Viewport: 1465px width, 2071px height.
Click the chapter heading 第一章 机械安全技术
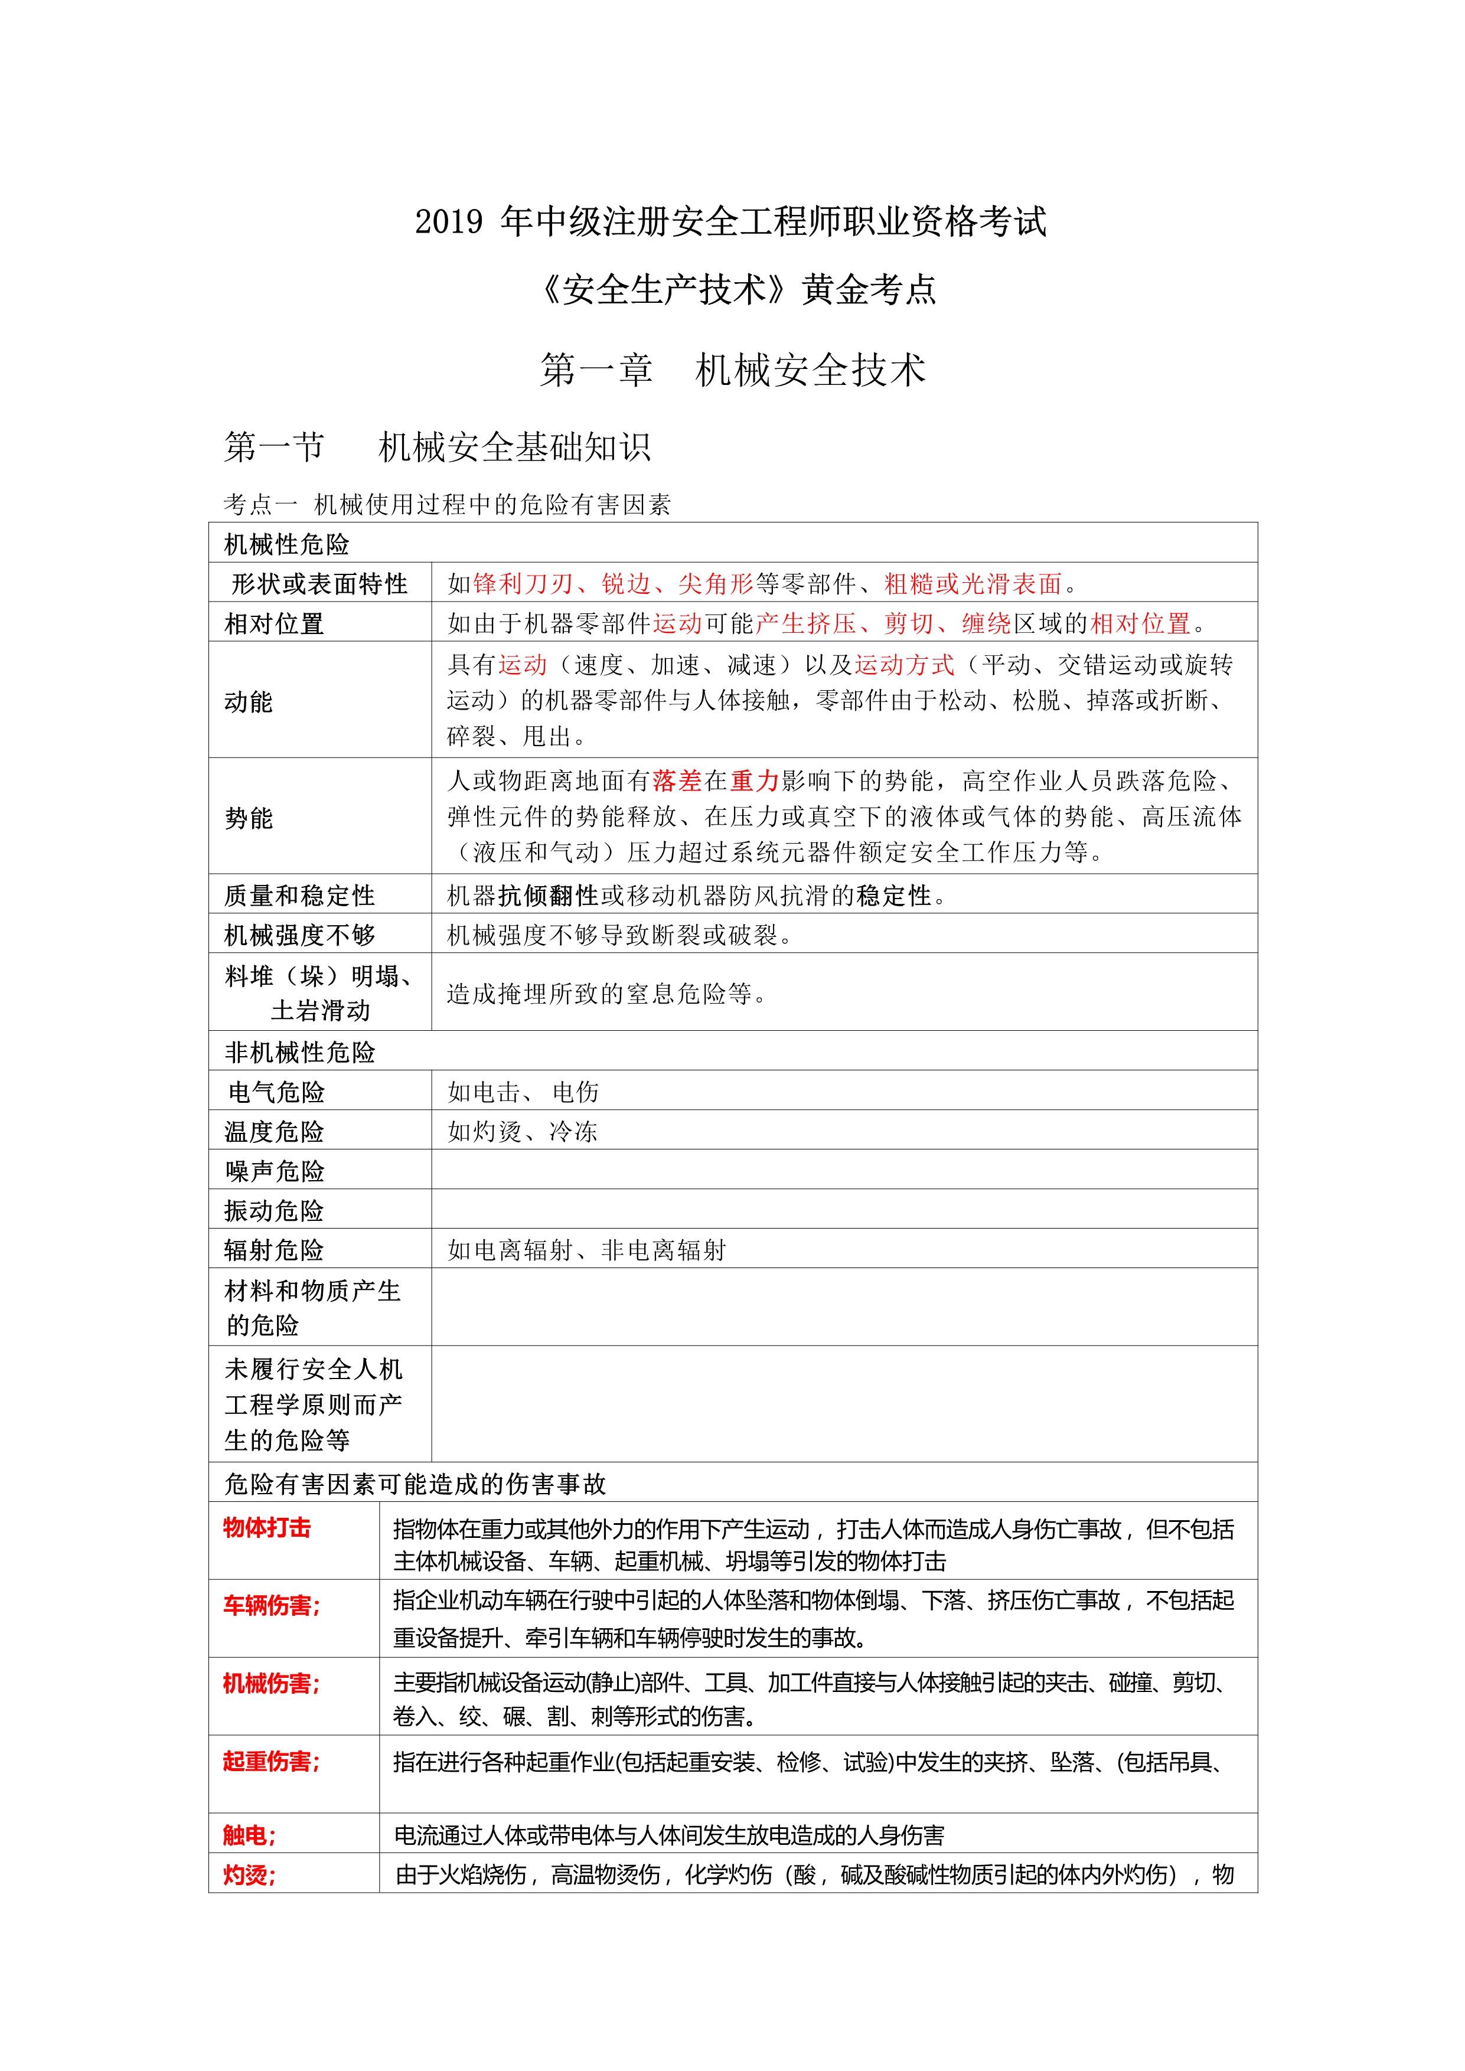tap(732, 370)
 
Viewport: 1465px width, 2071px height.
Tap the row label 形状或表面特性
tap(319, 584)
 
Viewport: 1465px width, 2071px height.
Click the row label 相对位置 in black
tap(274, 623)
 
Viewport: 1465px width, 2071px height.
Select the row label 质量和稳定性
tap(299, 895)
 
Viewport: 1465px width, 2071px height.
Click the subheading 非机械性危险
tap(299, 1052)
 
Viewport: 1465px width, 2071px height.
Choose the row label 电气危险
tap(276, 1092)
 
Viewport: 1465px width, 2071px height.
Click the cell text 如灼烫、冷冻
tap(523, 1131)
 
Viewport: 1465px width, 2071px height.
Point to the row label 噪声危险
tap(274, 1171)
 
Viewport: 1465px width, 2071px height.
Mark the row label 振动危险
tap(274, 1210)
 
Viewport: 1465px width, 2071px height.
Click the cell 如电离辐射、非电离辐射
tap(586, 1250)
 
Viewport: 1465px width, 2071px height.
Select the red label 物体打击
tap(267, 1527)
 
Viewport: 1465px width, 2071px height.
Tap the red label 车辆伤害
tap(270, 1606)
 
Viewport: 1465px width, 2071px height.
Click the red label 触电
tap(249, 1835)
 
